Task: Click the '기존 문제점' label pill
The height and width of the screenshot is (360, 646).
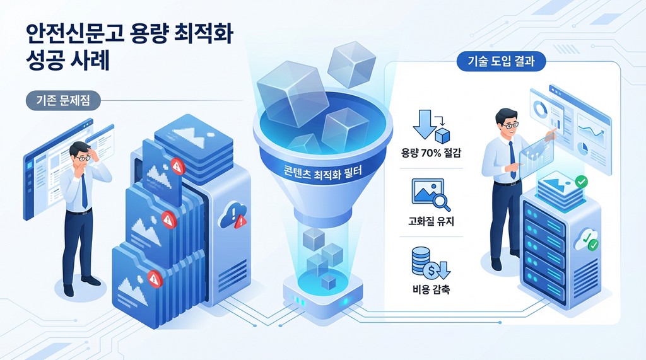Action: point(63,100)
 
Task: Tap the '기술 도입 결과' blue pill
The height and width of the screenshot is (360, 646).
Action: point(501,62)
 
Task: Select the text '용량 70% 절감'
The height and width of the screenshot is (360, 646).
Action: point(431,153)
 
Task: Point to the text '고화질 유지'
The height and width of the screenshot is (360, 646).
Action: point(431,221)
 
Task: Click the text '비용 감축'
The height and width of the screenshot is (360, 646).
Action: point(431,289)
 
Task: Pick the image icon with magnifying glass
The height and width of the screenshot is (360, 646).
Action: point(430,194)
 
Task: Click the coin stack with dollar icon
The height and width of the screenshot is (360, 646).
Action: point(430,263)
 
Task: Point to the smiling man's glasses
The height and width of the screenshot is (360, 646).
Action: point(510,124)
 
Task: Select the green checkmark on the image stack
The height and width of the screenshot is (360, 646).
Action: point(581,181)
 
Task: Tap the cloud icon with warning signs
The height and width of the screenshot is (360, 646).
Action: point(234,216)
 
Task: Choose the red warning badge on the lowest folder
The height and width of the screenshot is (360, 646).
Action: point(155,279)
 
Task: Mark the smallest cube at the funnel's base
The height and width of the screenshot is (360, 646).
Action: point(329,282)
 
